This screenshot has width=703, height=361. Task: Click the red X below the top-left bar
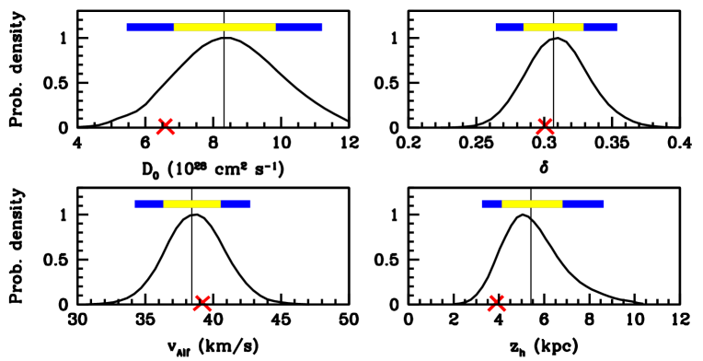pos(166,127)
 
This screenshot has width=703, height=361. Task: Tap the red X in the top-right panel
pos(545,127)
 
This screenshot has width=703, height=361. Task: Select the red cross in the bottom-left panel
pos(202,303)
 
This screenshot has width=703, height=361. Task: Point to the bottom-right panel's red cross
pos(497,303)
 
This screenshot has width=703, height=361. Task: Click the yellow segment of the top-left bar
pos(225,27)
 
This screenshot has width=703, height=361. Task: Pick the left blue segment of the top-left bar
pos(150,28)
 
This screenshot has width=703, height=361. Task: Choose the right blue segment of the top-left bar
pos(299,28)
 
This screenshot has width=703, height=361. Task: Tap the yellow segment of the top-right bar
pos(553,27)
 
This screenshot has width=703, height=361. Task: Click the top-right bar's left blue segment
pos(509,28)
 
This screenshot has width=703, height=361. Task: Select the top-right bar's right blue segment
pos(600,28)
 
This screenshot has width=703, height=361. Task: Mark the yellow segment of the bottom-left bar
pos(191,204)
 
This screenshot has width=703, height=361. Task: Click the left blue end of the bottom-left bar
pos(148,204)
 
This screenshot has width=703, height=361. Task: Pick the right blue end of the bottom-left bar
pos(236,204)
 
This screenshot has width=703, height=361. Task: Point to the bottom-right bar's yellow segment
pos(532,204)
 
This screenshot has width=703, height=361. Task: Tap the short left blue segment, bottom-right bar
pos(491,204)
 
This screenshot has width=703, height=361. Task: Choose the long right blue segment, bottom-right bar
pos(583,204)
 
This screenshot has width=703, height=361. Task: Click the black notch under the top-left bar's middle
pos(225,31)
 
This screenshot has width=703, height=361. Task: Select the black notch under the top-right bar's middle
pos(553,31)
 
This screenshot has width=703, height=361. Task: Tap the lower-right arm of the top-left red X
pos(171,133)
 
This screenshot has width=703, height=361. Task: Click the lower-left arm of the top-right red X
pos(539,133)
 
